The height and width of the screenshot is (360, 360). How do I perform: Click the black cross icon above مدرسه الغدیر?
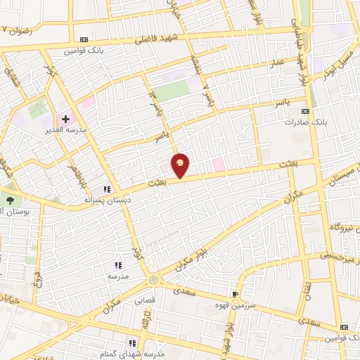(x=65, y=120)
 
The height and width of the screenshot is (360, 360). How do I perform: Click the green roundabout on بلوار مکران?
(x=153, y=281)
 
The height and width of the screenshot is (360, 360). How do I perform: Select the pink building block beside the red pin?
(x=219, y=164)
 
